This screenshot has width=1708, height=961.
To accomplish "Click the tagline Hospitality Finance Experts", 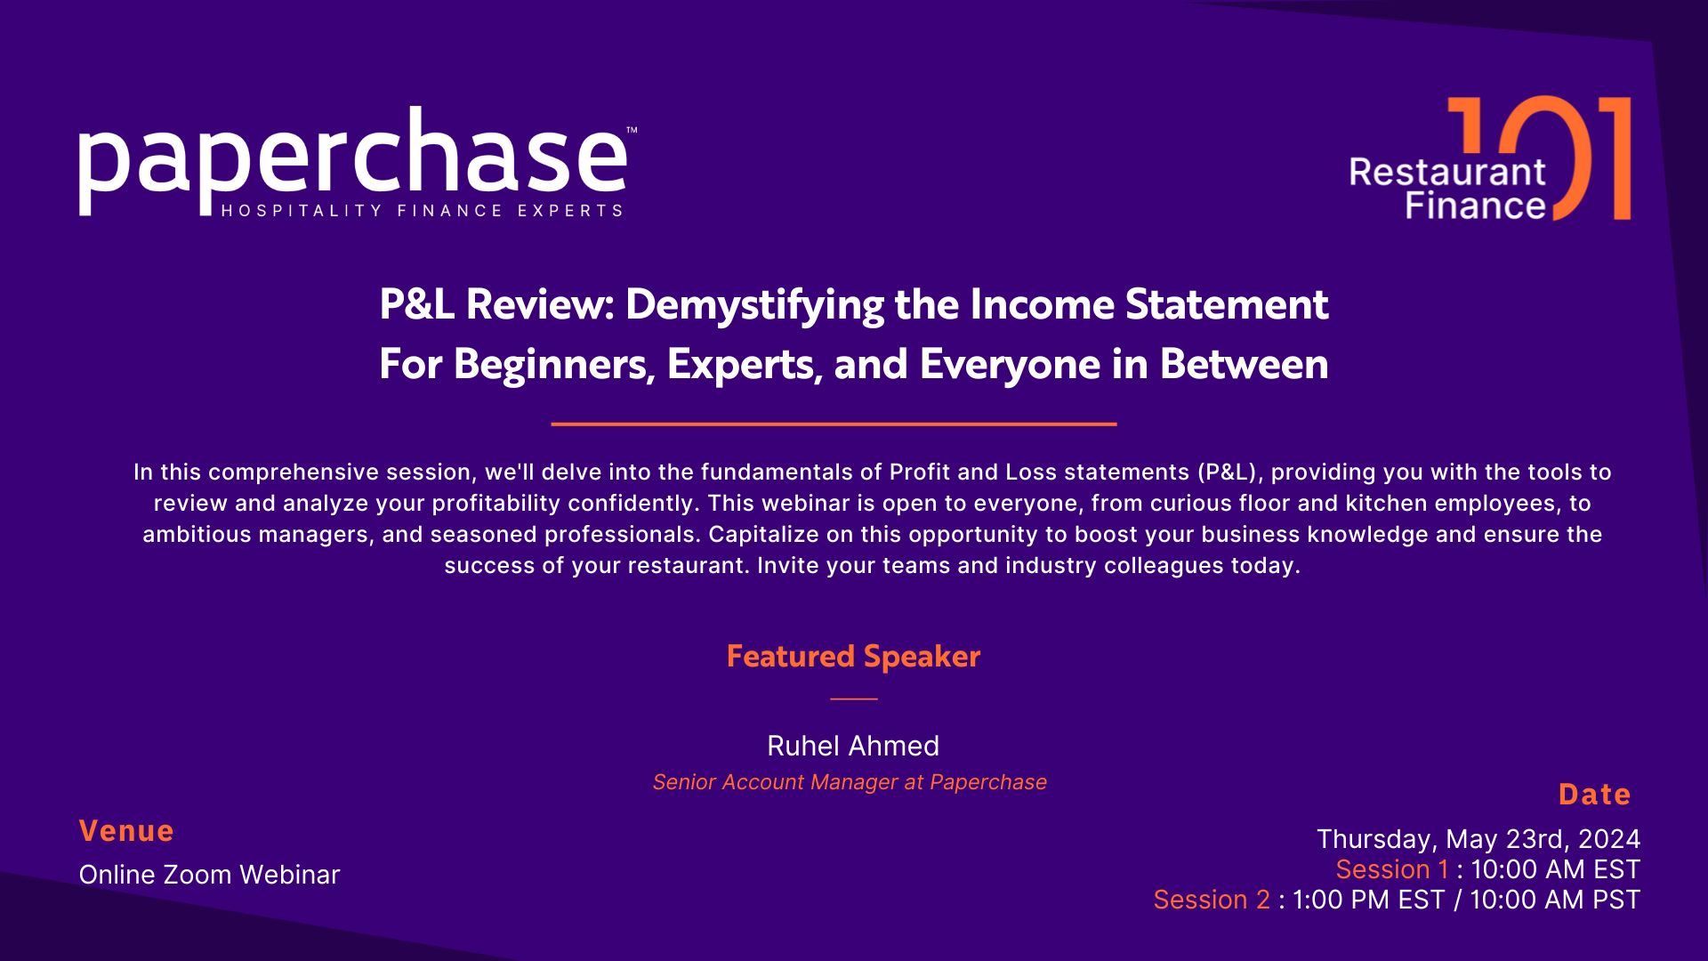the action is coord(422,211).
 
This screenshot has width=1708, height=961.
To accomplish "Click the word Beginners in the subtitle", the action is coord(554,364).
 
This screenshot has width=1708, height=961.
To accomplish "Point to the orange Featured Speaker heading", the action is coord(853,656).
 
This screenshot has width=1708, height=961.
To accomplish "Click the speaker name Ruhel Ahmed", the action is coord(853,746).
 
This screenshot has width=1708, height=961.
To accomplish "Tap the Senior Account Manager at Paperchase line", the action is coord(850,782).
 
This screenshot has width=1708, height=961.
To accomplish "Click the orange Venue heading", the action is coord(126,831).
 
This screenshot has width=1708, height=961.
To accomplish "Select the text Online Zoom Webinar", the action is coord(210,875).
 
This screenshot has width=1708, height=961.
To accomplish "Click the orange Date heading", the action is coord(1595,795).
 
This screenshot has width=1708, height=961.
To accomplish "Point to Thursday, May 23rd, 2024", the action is coord(1478,839).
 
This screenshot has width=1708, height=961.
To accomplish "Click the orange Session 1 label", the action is coord(1392,869).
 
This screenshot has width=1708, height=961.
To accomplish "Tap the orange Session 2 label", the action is coord(1212,900).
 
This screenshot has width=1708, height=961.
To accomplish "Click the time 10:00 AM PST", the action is coord(1555,900).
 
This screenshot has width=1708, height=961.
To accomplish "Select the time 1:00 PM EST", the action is coord(1368,900).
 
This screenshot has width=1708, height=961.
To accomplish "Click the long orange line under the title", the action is coord(834,424).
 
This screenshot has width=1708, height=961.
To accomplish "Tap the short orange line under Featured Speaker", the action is coord(854,699).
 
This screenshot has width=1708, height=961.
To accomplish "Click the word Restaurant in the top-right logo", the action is coord(1448,172).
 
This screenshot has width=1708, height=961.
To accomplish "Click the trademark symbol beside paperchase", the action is coord(632,131).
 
